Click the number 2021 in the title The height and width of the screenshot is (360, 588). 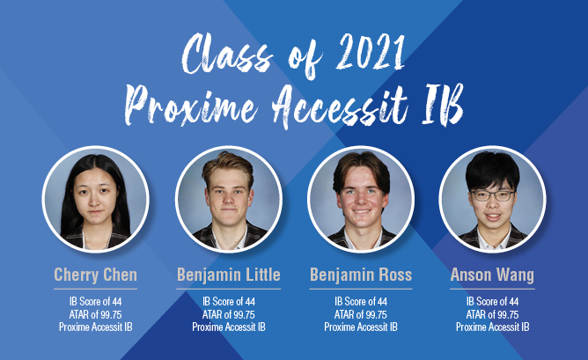tap(371, 53)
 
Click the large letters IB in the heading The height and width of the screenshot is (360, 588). tap(443, 104)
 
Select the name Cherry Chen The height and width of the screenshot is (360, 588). tap(96, 275)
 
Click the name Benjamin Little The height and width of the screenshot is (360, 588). tap(228, 275)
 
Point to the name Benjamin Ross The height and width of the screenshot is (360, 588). tap(361, 275)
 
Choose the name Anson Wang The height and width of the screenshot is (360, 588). tap(492, 276)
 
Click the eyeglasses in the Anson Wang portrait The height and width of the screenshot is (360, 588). tap(492, 195)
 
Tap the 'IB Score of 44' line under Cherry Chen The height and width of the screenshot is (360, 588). tap(96, 302)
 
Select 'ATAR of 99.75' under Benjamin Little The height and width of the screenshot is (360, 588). tap(228, 314)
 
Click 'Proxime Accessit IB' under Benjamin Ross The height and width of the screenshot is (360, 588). tap(361, 327)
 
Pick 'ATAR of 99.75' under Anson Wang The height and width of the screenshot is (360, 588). tap(492, 314)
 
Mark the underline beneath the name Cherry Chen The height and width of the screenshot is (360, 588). tap(96, 289)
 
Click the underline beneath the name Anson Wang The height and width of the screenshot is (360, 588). tap(492, 289)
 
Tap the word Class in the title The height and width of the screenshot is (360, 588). tap(226, 54)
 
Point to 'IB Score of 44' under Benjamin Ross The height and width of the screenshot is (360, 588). tap(361, 302)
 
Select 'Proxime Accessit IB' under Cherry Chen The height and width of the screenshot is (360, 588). tap(96, 327)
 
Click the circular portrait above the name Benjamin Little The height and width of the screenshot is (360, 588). tap(228, 199)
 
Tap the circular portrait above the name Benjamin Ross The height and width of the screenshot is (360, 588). tap(361, 199)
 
